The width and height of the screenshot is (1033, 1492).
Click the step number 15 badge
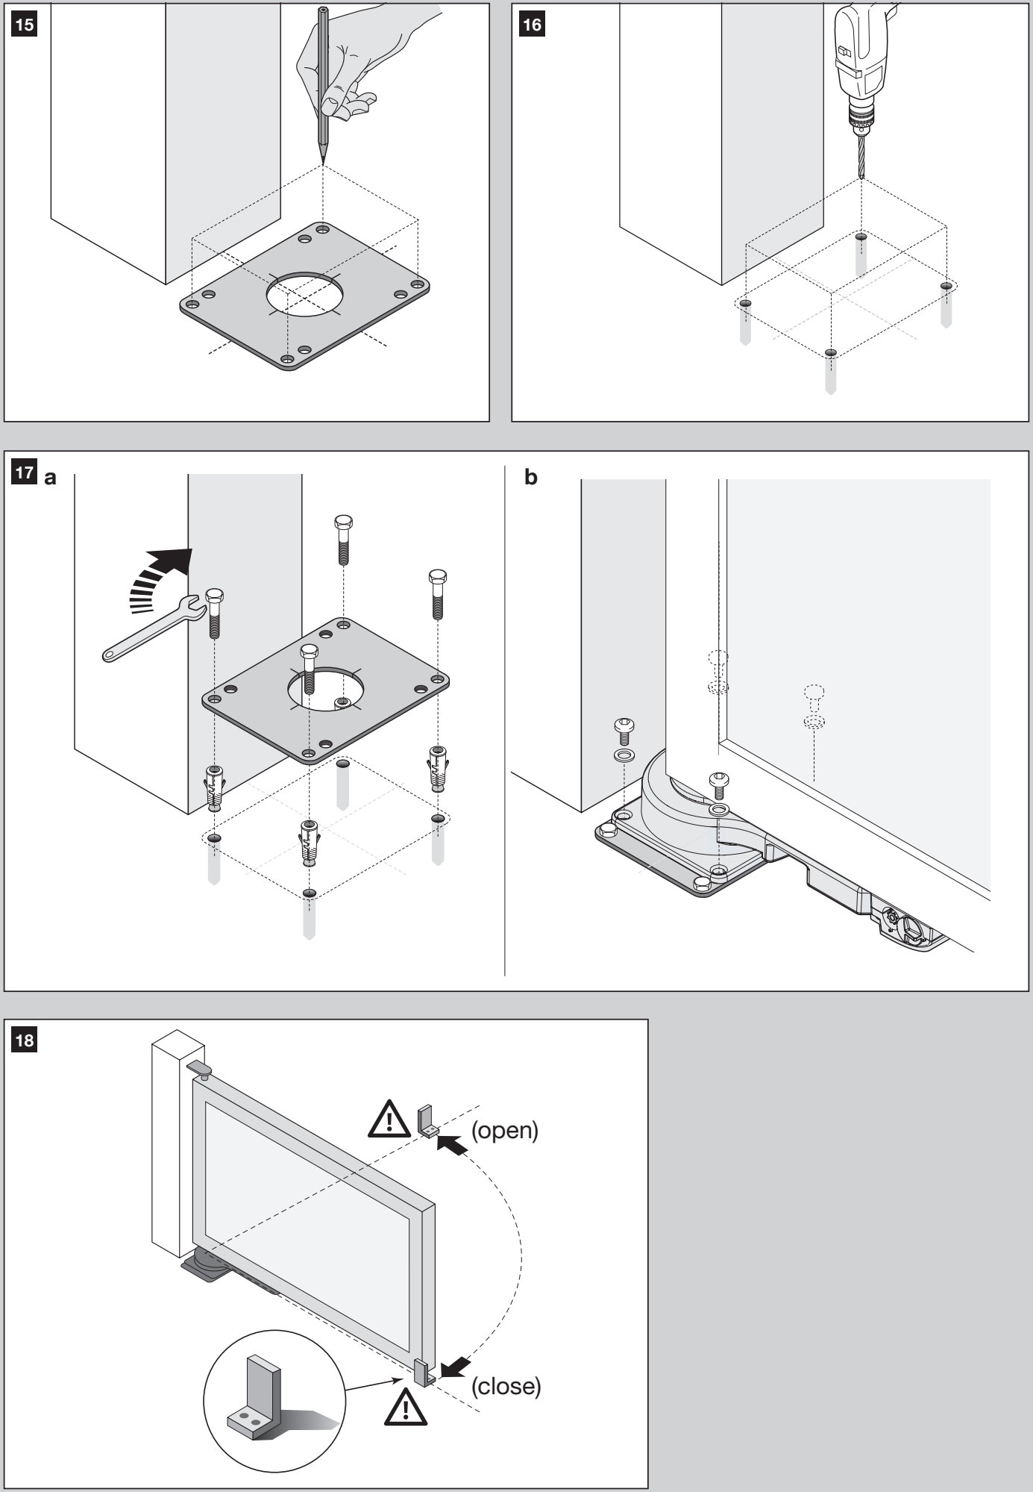[x=25, y=25]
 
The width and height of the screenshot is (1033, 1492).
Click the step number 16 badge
[x=533, y=25]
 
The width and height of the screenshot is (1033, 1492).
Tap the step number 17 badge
[x=25, y=473]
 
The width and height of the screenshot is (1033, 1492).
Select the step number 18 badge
[x=25, y=1040]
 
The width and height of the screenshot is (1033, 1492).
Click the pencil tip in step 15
[x=323, y=162]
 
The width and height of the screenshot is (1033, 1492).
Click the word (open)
[x=504, y=1130]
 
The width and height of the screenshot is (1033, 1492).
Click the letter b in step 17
[x=531, y=478]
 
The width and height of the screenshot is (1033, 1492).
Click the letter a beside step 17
[x=51, y=478]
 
